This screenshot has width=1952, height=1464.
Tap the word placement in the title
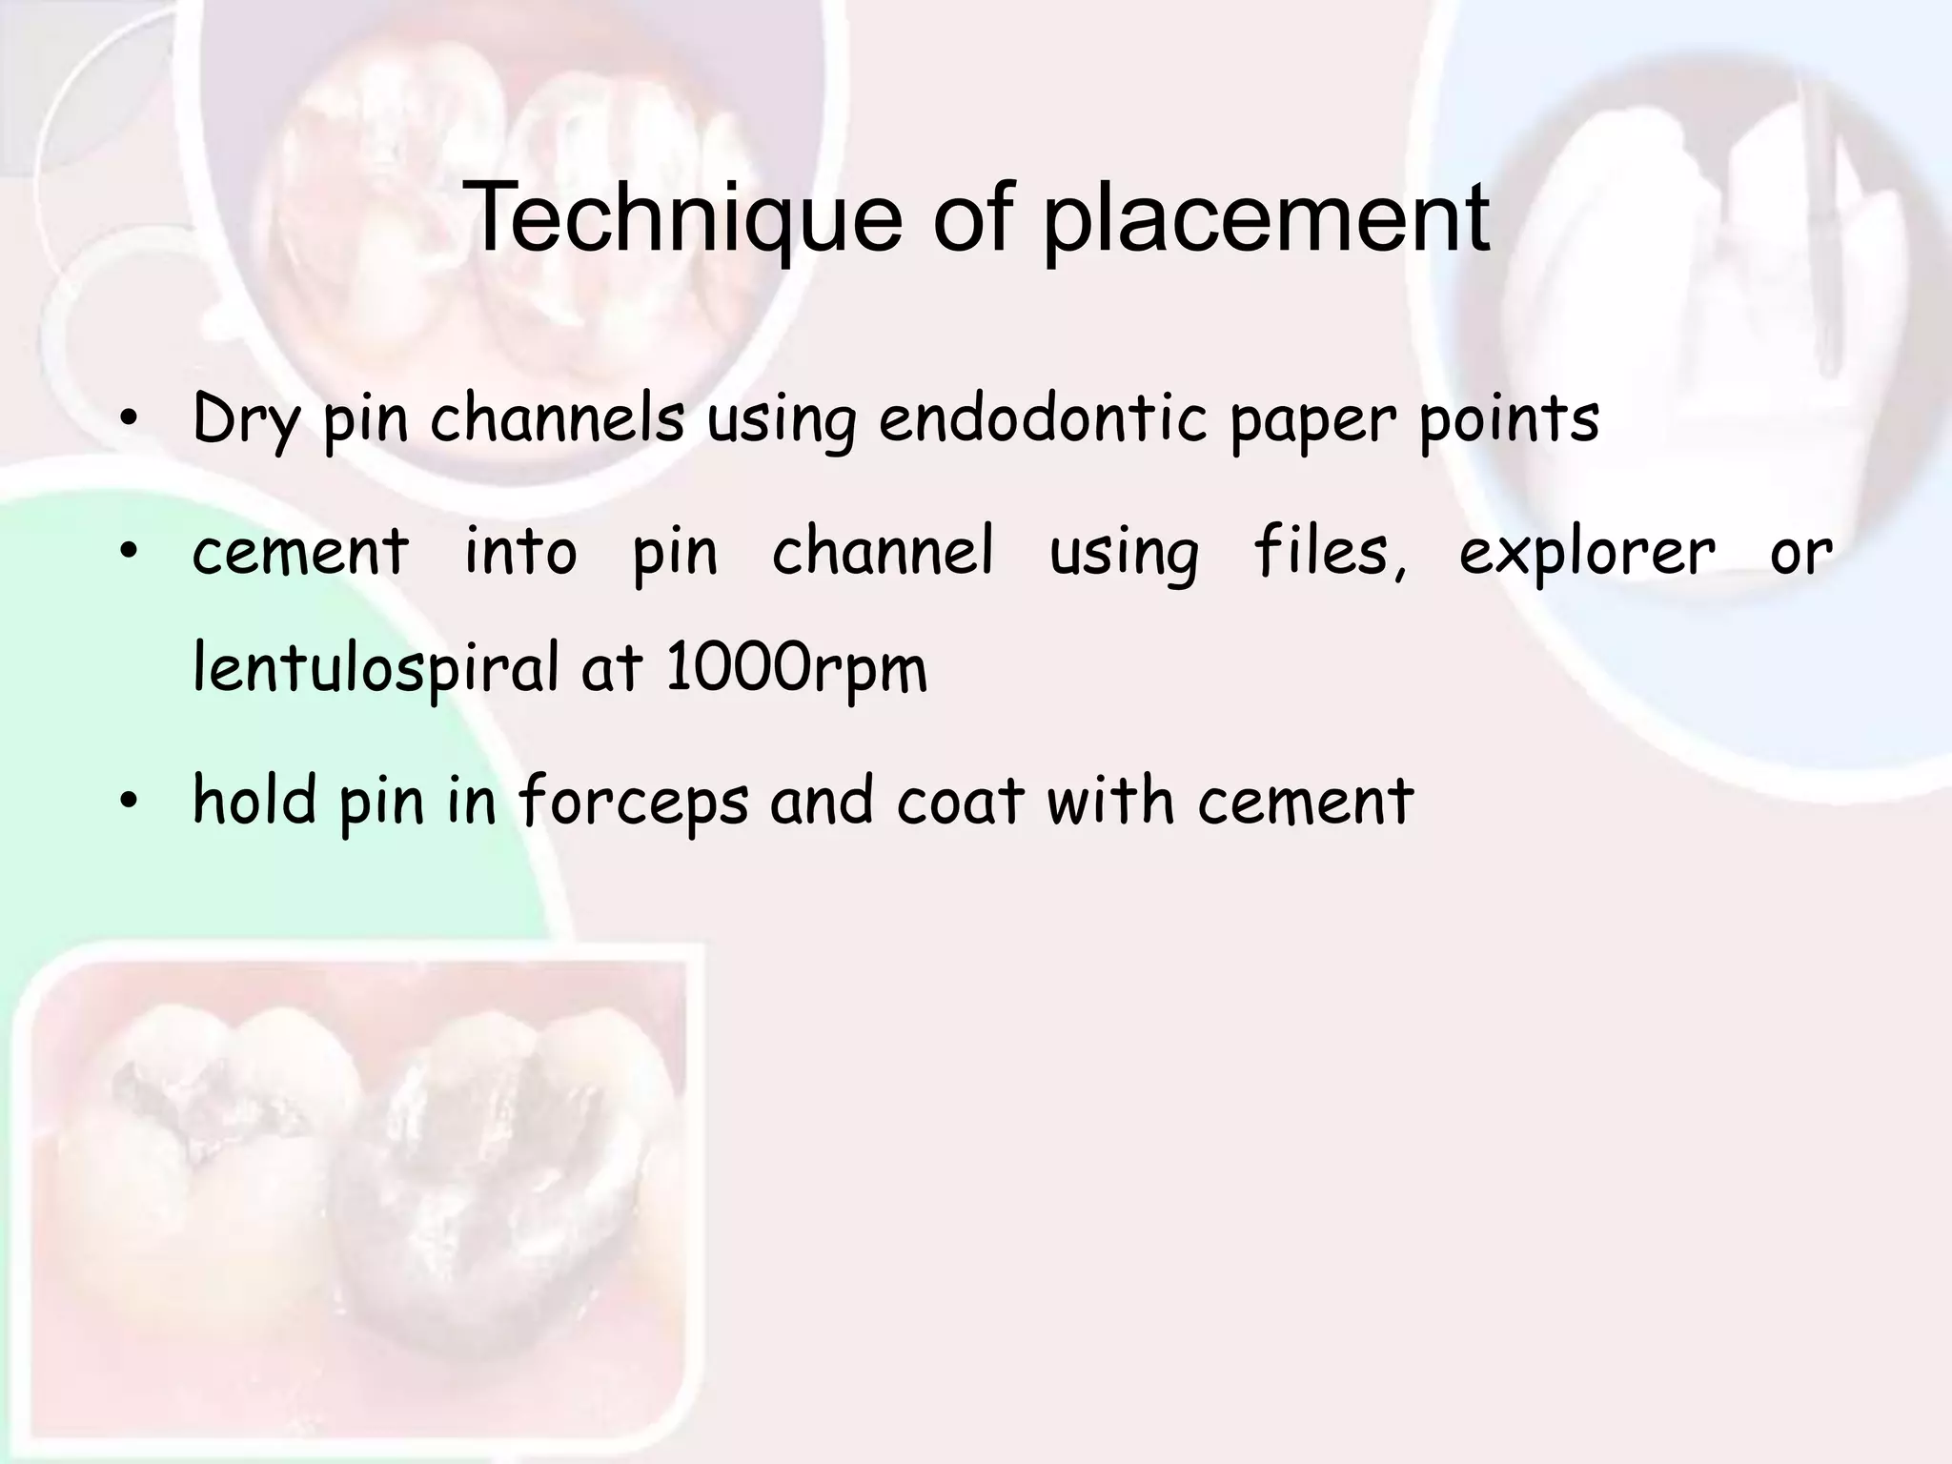[1268, 219]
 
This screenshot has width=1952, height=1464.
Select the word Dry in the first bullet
[246, 420]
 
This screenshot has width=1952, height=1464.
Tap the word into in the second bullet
[520, 552]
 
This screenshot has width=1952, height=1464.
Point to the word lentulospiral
[376, 668]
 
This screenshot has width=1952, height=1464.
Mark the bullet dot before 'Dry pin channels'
[129, 420]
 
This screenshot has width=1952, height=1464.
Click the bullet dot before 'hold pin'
[129, 803]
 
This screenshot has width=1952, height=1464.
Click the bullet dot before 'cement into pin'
[129, 553]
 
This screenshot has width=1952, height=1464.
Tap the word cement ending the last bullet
[1305, 801]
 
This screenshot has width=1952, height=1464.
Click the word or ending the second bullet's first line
[1800, 554]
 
